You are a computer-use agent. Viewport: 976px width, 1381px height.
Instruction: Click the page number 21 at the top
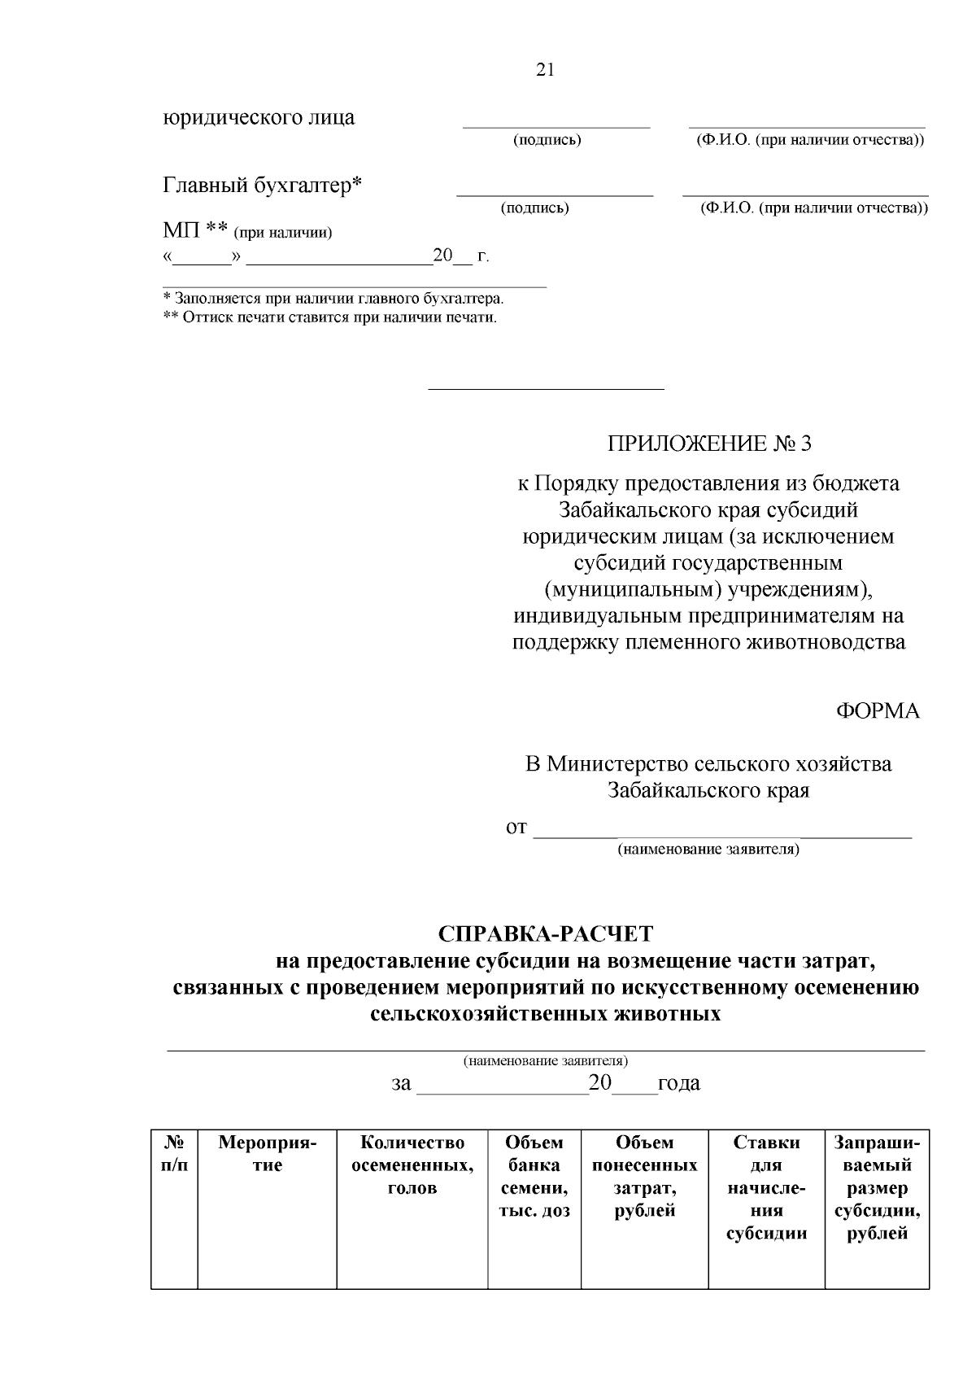pyautogui.click(x=545, y=70)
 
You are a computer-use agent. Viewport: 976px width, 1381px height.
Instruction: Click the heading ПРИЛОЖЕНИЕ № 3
pyautogui.click(x=708, y=444)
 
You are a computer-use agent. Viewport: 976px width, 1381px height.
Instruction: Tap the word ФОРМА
pyautogui.click(x=878, y=710)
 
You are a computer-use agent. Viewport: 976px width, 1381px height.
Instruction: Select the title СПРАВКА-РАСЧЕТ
pyautogui.click(x=545, y=933)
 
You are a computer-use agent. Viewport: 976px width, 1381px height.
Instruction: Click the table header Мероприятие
pyautogui.click(x=267, y=1154)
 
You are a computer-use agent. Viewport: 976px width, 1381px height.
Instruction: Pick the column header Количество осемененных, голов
pyautogui.click(x=412, y=1165)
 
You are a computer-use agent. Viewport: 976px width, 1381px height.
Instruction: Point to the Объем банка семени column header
pyautogui.click(x=534, y=1176)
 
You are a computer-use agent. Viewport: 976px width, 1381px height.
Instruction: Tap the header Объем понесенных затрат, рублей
pyautogui.click(x=644, y=1176)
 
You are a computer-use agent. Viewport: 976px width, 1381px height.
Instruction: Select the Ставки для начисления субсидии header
pyautogui.click(x=766, y=1187)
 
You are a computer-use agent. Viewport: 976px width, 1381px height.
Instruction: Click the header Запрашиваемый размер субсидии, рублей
pyautogui.click(x=877, y=1187)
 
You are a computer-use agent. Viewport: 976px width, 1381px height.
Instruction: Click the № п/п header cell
pyautogui.click(x=174, y=1154)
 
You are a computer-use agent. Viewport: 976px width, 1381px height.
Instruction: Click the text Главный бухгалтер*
pyautogui.click(x=263, y=186)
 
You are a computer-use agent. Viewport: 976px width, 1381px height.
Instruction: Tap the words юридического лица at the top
pyautogui.click(x=259, y=117)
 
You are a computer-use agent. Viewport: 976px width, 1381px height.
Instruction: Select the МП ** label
pyautogui.click(x=194, y=231)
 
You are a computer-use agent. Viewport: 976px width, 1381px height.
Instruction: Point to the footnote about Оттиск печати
pyautogui.click(x=330, y=317)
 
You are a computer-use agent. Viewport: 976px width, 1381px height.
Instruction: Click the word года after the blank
pyautogui.click(x=678, y=1084)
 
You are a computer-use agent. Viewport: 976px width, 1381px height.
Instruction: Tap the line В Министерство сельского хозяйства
pyautogui.click(x=708, y=763)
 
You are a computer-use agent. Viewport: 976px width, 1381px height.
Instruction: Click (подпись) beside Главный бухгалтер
pyautogui.click(x=534, y=208)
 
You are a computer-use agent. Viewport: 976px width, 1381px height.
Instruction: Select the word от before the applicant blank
pyautogui.click(x=516, y=828)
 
